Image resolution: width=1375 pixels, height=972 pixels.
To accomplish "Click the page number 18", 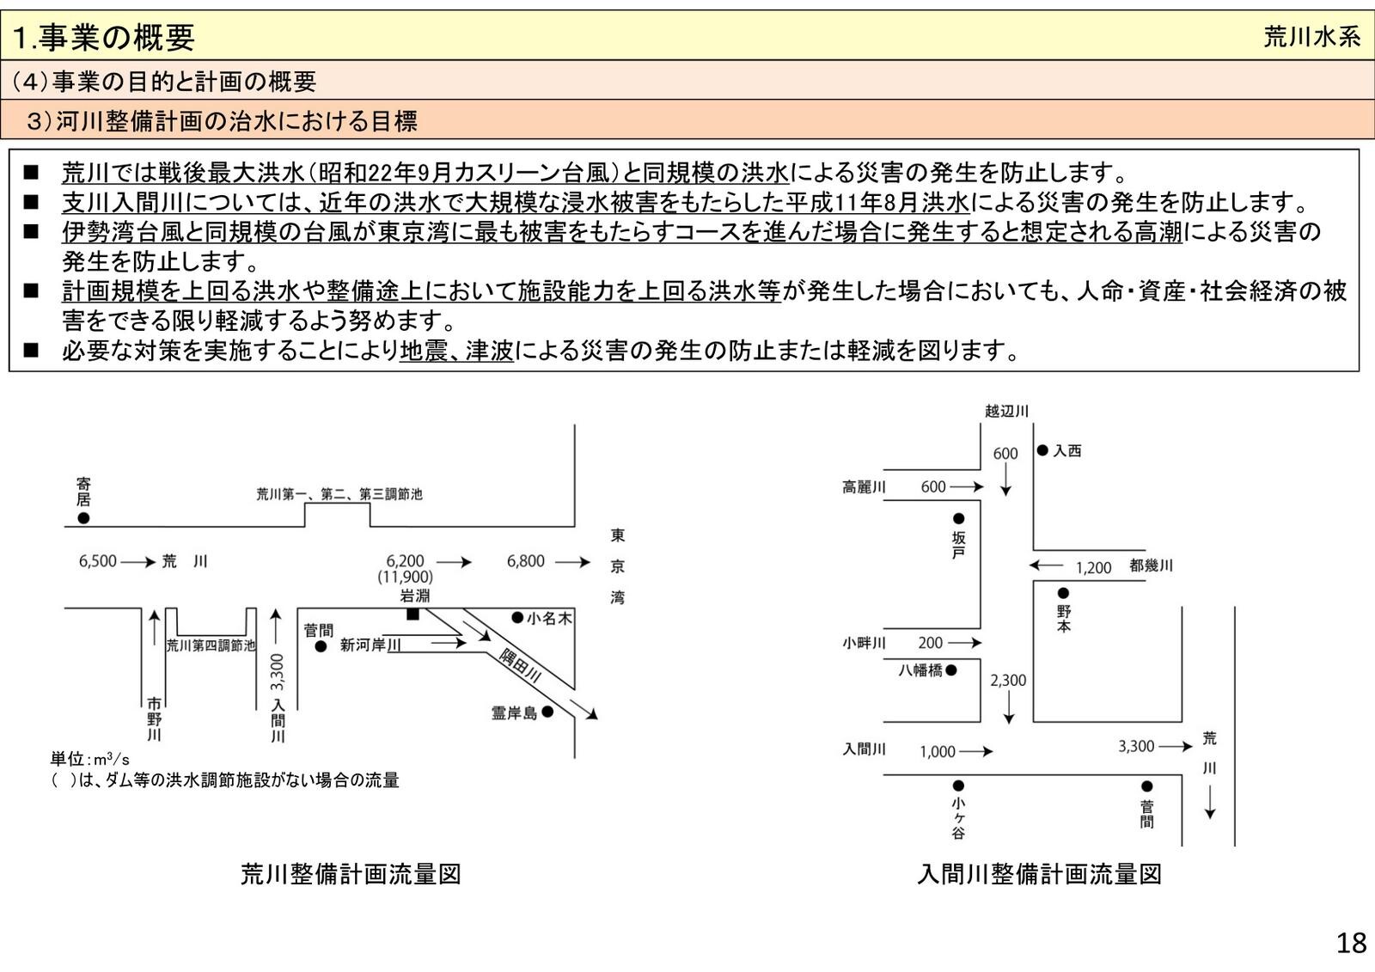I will click(1351, 943).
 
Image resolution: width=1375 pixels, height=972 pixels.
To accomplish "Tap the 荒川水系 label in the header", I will click(1311, 37).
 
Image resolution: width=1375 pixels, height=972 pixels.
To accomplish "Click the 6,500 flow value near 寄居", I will click(97, 561).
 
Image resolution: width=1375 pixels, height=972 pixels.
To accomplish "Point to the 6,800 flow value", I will click(525, 561).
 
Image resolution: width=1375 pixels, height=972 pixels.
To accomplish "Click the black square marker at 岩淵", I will click(412, 614).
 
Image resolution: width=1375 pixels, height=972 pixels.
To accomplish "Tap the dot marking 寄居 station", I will click(83, 518).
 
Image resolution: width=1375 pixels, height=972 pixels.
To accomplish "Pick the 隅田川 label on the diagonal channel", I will click(520, 665).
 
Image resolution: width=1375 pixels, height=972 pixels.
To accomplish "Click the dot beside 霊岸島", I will click(547, 712).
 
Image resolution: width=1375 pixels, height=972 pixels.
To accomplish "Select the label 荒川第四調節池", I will click(211, 645).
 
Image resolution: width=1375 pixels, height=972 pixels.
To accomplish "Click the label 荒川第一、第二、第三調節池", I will click(339, 494).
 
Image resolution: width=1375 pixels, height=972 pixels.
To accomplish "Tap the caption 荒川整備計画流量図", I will click(351, 874).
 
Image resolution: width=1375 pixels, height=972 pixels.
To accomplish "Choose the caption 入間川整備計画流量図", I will click(1039, 874).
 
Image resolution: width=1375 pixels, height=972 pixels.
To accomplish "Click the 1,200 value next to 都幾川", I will click(1093, 567).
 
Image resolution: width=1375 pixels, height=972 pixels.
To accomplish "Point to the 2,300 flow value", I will click(1008, 680).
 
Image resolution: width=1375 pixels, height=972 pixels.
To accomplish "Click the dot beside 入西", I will click(1042, 449).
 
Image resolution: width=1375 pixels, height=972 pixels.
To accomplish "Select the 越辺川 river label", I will click(1006, 412).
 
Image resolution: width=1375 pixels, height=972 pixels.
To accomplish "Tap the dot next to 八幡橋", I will click(951, 669).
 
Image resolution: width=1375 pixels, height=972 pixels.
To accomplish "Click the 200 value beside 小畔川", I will click(930, 642).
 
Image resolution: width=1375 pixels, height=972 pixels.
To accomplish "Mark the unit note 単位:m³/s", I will click(89, 759).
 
